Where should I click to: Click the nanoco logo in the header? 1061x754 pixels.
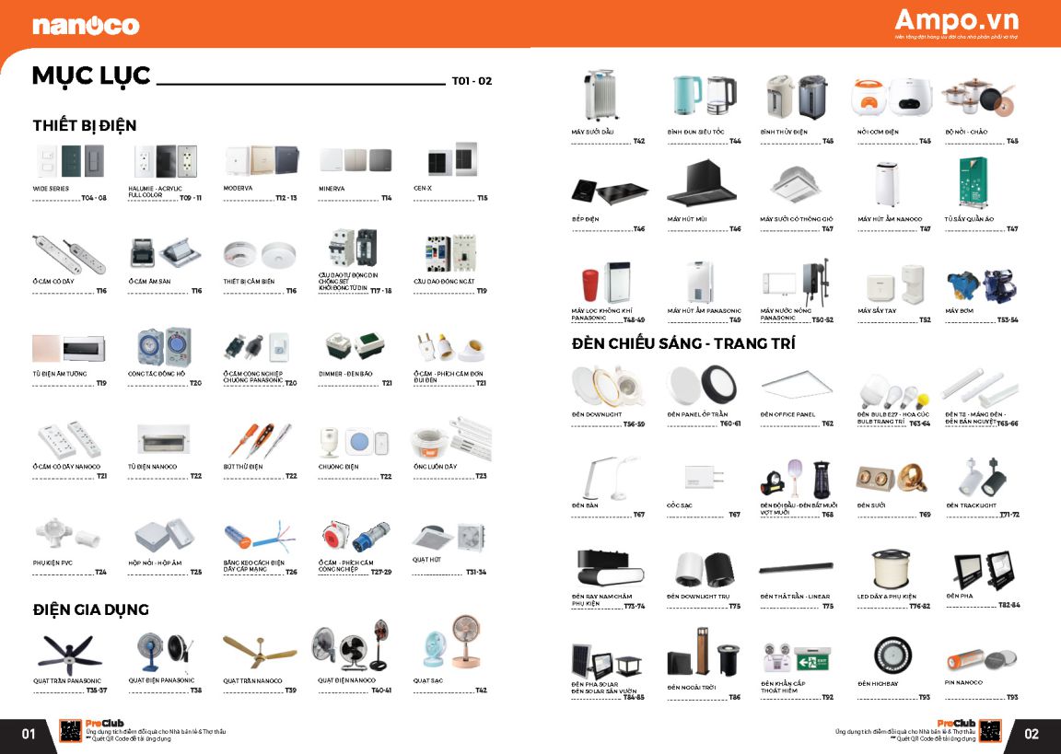pos(86,25)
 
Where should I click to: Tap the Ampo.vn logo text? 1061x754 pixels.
pos(955,20)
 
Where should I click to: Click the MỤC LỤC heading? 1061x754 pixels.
pos(91,76)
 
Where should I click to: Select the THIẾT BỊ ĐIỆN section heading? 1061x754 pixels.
pos(84,125)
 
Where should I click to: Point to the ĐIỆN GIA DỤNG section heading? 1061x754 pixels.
pos(90,609)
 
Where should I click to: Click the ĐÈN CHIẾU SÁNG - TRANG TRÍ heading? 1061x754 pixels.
pos(683,343)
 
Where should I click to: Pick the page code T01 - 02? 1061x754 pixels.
pos(472,81)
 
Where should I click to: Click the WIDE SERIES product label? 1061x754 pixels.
pos(52,187)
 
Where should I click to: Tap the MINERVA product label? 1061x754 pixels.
pos(332,187)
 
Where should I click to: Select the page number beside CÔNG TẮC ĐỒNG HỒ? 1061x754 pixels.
pos(195,383)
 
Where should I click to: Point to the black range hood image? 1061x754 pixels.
pos(703,184)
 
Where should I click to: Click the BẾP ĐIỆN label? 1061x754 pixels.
pos(587,219)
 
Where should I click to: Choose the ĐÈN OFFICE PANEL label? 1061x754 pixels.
pos(787,414)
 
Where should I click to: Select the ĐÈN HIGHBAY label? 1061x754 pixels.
pos(877,683)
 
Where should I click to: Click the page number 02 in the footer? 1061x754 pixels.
pos(1031,734)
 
